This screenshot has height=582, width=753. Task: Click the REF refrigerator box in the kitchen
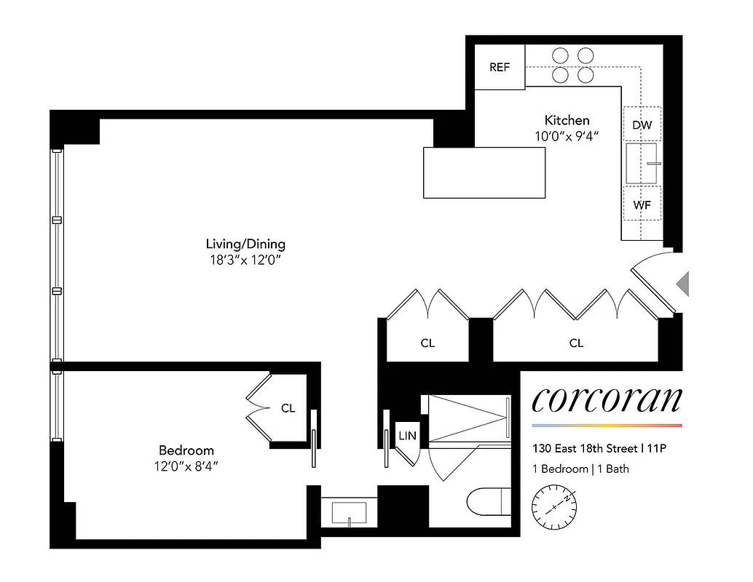tap(499, 67)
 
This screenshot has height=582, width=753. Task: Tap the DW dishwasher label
tap(642, 125)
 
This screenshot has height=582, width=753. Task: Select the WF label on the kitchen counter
tap(642, 204)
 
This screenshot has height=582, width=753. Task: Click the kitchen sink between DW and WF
tap(642, 164)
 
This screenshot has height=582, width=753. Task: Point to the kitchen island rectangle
tap(484, 172)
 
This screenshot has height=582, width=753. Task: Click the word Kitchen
tap(567, 120)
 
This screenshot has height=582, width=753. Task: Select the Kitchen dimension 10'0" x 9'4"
tap(567, 135)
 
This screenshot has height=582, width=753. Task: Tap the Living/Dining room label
tap(245, 244)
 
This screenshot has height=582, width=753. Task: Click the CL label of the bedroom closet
tap(288, 408)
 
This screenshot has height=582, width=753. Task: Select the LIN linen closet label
tap(406, 436)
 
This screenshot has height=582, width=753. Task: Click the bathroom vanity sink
tap(350, 512)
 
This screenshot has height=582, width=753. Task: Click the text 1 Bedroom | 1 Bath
tap(580, 469)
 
